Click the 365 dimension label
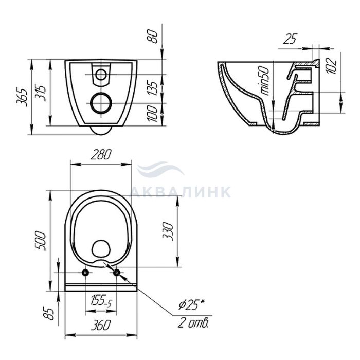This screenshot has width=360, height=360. (x=22, y=97)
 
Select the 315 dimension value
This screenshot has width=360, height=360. (x=41, y=93)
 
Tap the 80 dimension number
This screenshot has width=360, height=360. (x=153, y=37)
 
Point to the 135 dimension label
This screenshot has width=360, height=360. (x=153, y=88)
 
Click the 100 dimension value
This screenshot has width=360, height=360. (x=153, y=113)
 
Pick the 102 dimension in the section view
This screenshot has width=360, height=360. (x=331, y=66)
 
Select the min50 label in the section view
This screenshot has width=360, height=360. (x=265, y=81)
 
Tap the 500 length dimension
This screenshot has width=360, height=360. (x=41, y=241)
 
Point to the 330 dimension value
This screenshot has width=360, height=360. (x=168, y=231)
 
